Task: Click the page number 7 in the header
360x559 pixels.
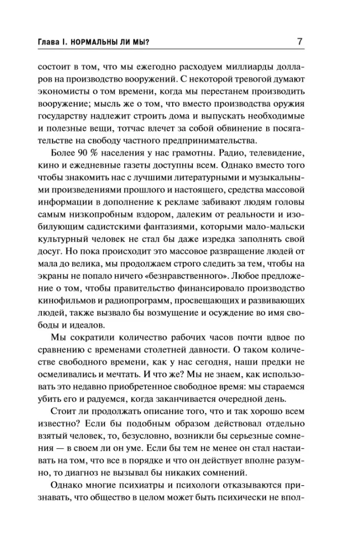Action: click(300, 41)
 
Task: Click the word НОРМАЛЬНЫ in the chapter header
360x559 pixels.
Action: click(100, 42)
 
